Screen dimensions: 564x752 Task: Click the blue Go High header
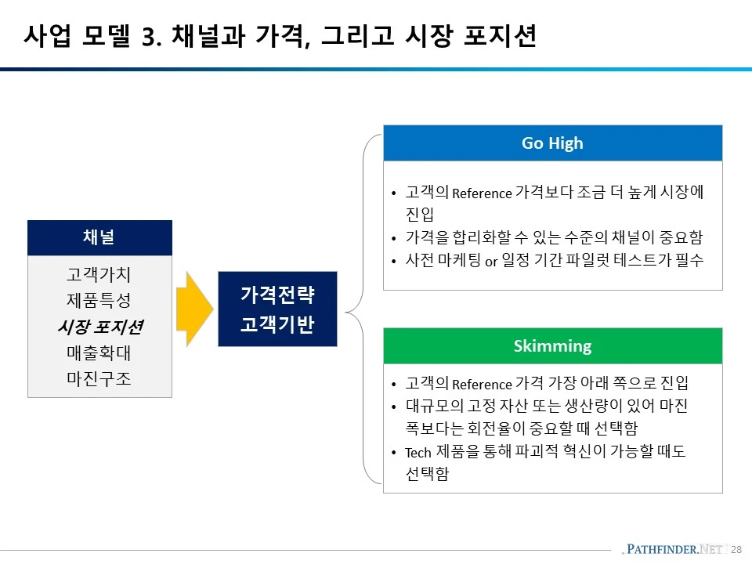(552, 143)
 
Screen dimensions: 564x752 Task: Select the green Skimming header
(552, 345)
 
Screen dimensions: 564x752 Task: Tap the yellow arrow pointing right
(194, 309)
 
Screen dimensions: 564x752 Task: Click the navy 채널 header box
(99, 238)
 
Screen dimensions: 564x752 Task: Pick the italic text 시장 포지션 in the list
(99, 327)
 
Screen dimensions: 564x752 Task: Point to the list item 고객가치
(99, 275)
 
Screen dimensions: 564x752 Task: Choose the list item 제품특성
(99, 301)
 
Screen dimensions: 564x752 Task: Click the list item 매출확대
(99, 352)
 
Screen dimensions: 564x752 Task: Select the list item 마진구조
(99, 378)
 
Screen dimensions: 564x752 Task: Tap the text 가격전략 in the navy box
(277, 295)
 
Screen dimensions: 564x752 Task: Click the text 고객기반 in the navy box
(277, 324)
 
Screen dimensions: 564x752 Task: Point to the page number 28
(736, 550)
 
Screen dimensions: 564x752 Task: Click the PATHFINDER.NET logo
(674, 549)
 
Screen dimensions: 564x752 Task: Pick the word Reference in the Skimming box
(482, 385)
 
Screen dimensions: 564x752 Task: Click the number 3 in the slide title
(150, 38)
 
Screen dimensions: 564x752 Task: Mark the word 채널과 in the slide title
(205, 37)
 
